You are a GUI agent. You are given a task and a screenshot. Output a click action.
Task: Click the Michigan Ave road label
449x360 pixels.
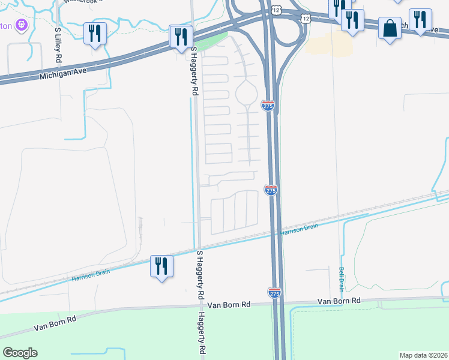64,74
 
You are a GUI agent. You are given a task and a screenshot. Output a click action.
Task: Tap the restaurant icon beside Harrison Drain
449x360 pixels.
161,266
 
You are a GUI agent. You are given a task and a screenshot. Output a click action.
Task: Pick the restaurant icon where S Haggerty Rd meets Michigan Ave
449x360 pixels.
181,37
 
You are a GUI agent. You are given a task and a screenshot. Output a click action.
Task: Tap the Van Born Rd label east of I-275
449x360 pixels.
339,301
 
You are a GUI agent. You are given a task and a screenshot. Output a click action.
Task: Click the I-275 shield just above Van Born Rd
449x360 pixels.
274,293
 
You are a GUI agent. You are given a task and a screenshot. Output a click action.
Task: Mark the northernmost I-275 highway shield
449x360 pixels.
268,106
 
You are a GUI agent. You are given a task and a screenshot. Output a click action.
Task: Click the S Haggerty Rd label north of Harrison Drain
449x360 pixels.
194,73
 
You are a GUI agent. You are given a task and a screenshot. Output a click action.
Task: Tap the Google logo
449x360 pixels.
20,353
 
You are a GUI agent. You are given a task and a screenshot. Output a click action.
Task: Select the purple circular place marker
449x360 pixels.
22,25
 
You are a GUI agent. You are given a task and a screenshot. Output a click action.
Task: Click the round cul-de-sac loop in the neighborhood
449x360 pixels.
247,93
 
